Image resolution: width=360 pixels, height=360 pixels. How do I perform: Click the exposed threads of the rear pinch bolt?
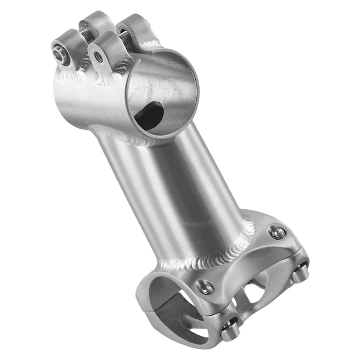125,37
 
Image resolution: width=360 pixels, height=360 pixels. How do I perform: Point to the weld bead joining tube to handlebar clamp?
214,256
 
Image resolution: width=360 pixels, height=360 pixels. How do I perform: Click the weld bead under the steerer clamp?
124,135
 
